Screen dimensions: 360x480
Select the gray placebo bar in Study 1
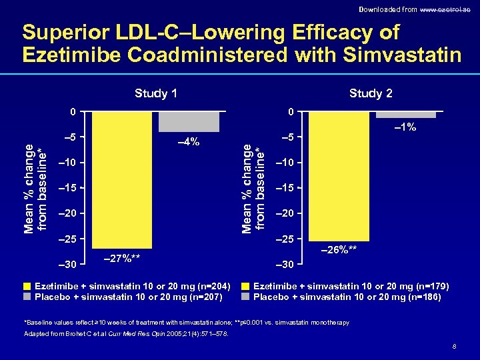[189, 121]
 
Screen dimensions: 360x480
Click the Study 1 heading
[155, 93]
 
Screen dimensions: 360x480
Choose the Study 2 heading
[371, 93]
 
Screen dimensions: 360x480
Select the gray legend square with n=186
[246, 297]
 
